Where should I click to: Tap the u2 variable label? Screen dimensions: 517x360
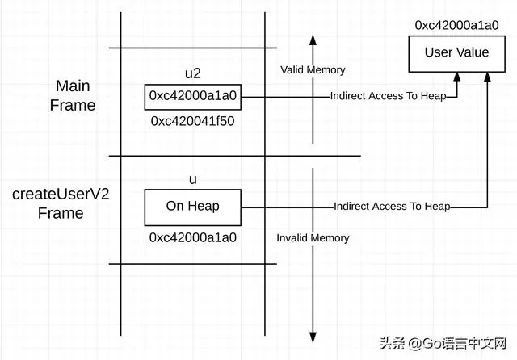193,73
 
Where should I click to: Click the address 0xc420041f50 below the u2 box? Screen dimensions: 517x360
192,121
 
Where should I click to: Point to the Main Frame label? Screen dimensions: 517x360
73,95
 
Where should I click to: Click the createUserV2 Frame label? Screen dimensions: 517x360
61,203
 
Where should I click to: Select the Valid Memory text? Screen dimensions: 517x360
313,70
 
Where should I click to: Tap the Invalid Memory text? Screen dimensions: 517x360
313,238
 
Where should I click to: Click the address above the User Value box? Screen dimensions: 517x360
456,25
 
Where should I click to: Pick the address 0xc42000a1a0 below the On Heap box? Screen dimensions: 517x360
193,237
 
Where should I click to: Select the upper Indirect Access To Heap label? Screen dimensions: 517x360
388,96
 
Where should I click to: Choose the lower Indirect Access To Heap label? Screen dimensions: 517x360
392,206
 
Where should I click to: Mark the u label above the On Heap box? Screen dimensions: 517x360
193,180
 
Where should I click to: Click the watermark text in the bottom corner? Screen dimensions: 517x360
443,344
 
